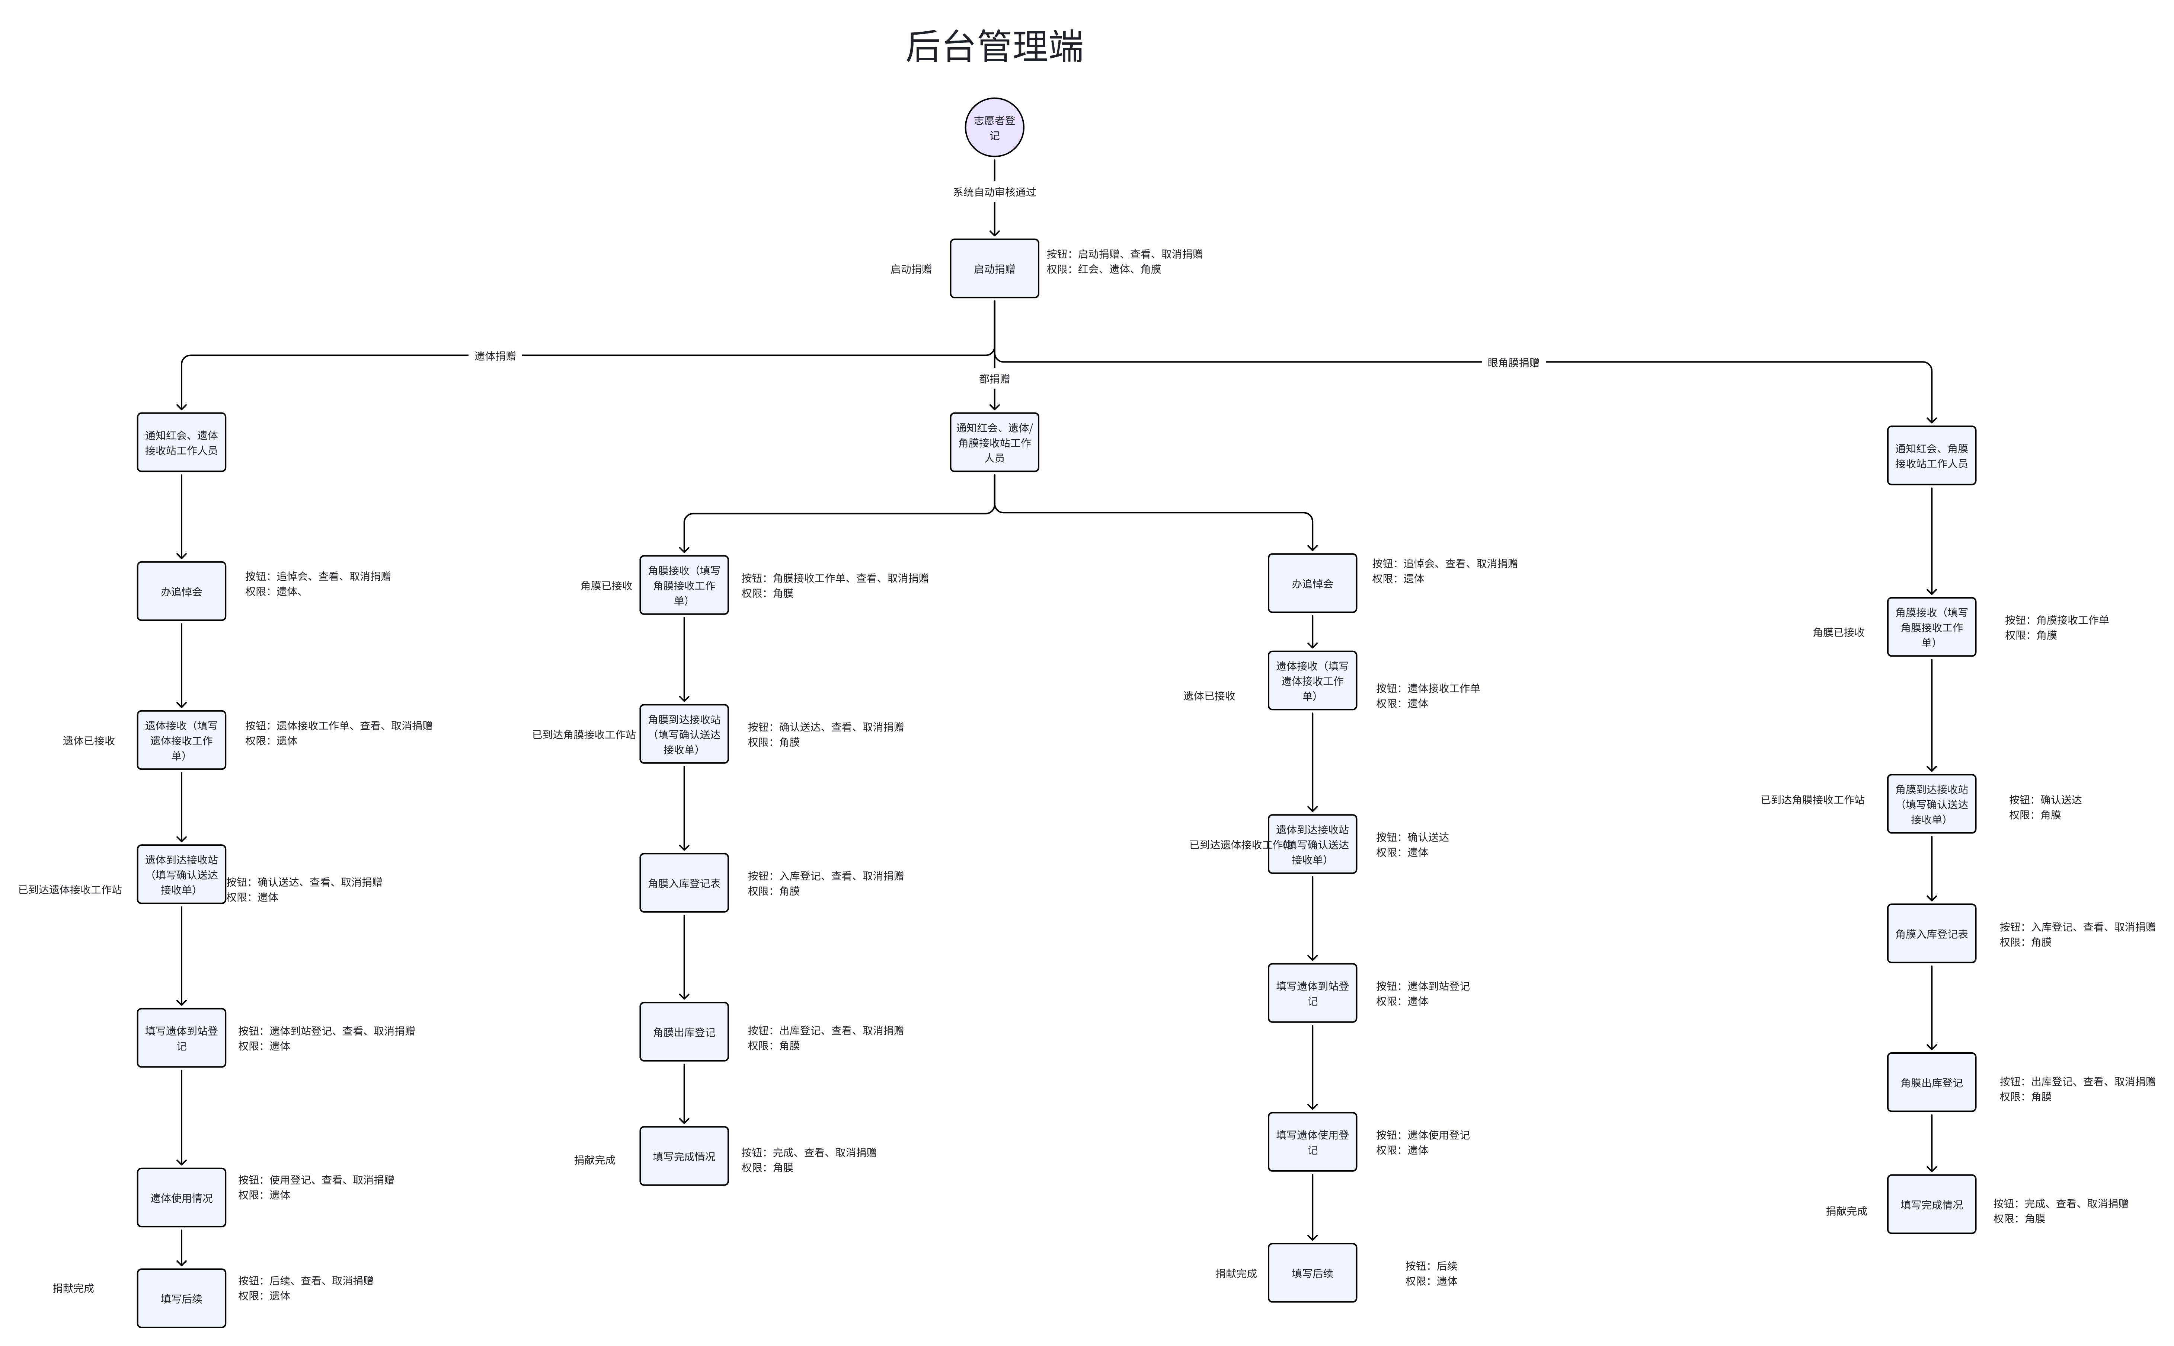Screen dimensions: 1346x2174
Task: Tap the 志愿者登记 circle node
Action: (x=994, y=127)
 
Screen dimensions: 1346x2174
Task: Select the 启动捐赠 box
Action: (x=994, y=268)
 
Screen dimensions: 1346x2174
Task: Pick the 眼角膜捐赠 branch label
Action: (x=1513, y=362)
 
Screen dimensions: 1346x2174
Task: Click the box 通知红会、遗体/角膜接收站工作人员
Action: (x=994, y=443)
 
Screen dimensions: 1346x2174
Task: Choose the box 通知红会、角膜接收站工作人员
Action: (x=1931, y=456)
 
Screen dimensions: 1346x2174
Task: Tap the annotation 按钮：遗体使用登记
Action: (x=1422, y=1135)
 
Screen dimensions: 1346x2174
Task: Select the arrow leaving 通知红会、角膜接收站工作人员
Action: (x=1931, y=540)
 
